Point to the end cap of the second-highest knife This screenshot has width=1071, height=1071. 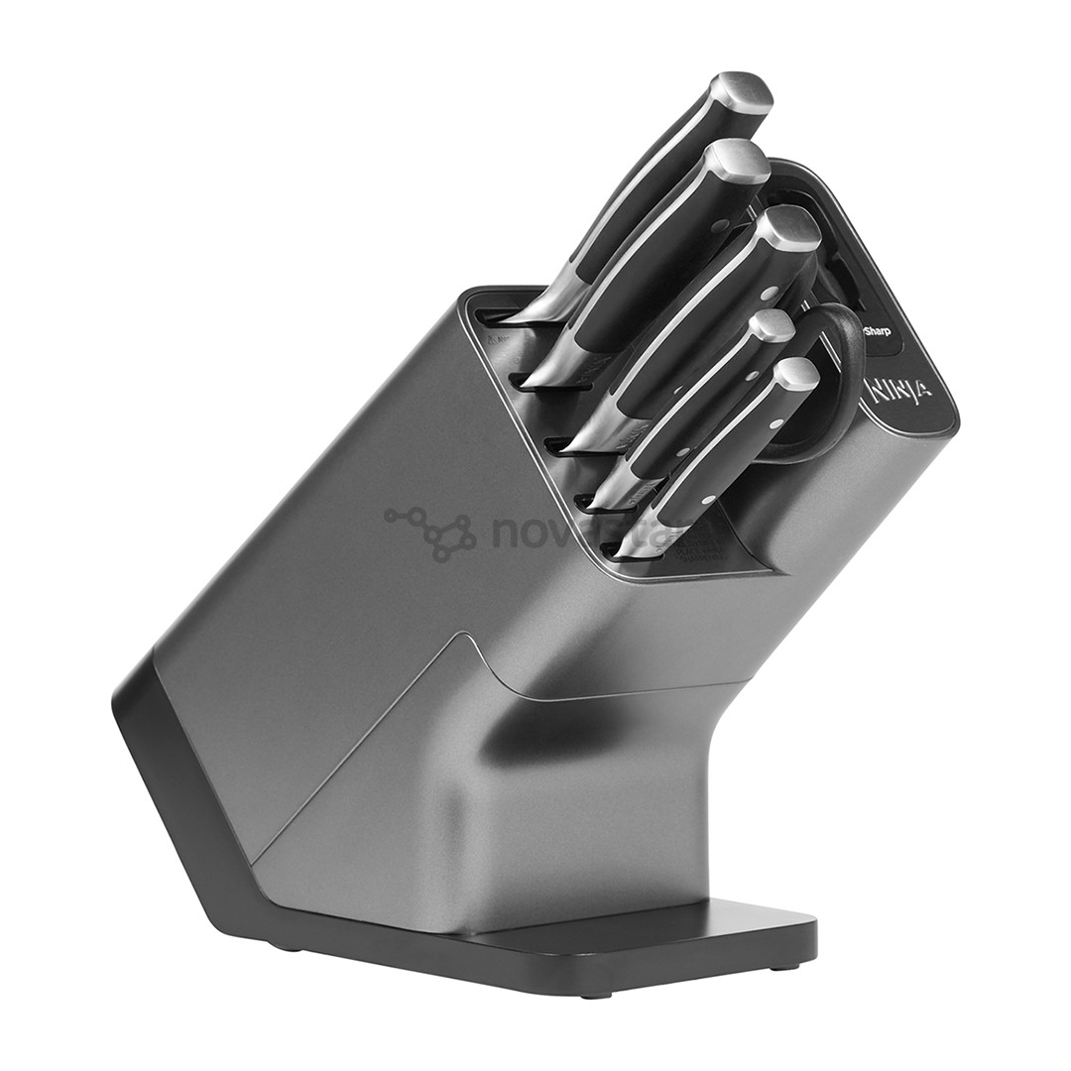(740, 161)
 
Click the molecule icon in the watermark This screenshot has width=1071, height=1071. (432, 532)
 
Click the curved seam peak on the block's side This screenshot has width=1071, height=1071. (460, 636)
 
